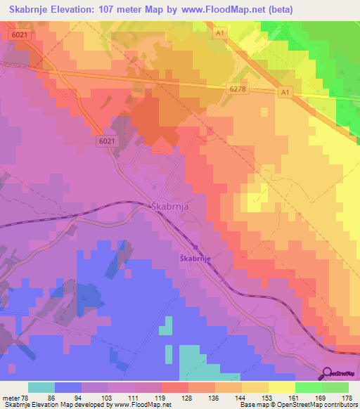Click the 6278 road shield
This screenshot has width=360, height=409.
pyautogui.click(x=238, y=88)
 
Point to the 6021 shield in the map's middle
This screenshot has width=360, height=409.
pyautogui.click(x=106, y=141)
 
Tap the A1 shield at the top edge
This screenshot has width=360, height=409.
pyautogui.click(x=220, y=33)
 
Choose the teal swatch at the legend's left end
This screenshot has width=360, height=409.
pyautogui.click(x=41, y=387)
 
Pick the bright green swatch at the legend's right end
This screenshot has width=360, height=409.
pyautogui.click(x=335, y=387)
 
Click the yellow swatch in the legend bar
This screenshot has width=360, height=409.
pyautogui.click(x=281, y=387)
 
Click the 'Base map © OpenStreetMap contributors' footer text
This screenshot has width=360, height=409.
pyautogui.click(x=297, y=405)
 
